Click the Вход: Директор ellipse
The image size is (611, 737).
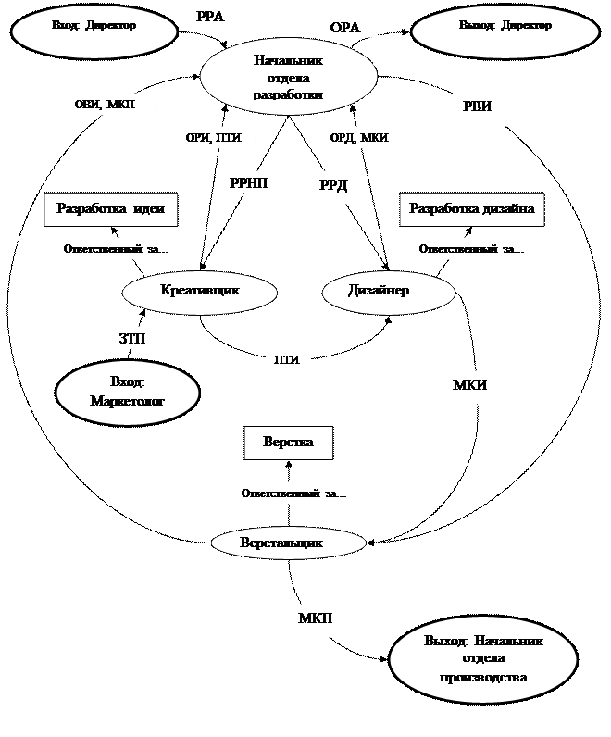click(x=94, y=31)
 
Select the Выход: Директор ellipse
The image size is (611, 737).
click(x=505, y=31)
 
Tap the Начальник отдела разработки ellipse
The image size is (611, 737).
click(x=289, y=78)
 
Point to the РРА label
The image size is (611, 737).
click(x=218, y=16)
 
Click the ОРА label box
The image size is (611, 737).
click(x=350, y=27)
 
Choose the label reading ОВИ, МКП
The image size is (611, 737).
click(x=110, y=105)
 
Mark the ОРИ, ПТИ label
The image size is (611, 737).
click(x=216, y=138)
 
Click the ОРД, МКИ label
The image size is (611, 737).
click(x=361, y=138)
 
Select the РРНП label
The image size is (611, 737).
click(x=255, y=182)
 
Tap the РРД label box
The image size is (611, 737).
click(x=339, y=187)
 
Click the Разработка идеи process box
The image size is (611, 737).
click(x=111, y=209)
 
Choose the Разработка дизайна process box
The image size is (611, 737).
click(x=472, y=209)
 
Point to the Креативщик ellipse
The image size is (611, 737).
click(x=200, y=292)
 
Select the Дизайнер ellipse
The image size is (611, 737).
click(x=389, y=292)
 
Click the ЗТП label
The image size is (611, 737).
click(x=139, y=338)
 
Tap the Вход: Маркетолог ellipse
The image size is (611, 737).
click(x=128, y=392)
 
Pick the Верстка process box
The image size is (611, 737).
click(x=288, y=443)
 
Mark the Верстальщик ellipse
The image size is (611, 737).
click(x=288, y=543)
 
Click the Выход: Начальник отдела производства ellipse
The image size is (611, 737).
click(x=483, y=659)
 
